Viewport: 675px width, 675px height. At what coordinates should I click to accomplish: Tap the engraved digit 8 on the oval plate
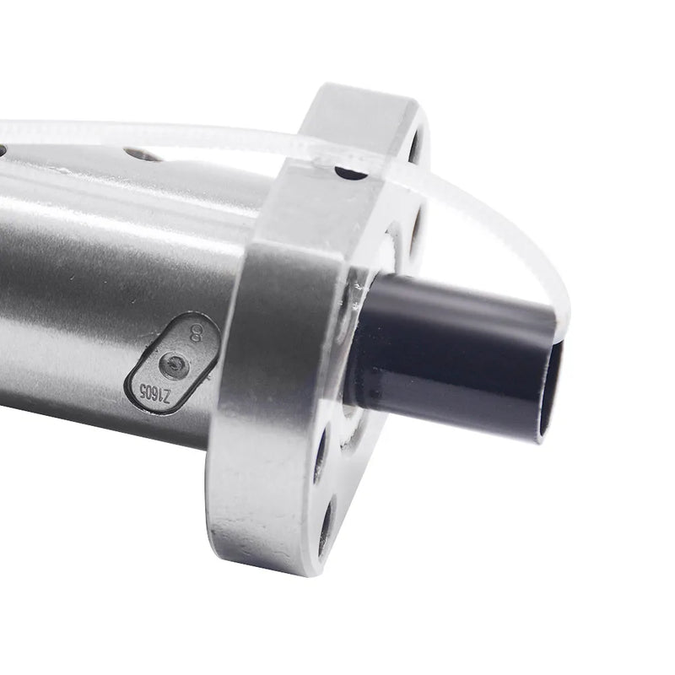[197, 335]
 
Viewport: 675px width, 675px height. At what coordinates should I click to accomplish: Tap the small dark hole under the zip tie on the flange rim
[352, 172]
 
